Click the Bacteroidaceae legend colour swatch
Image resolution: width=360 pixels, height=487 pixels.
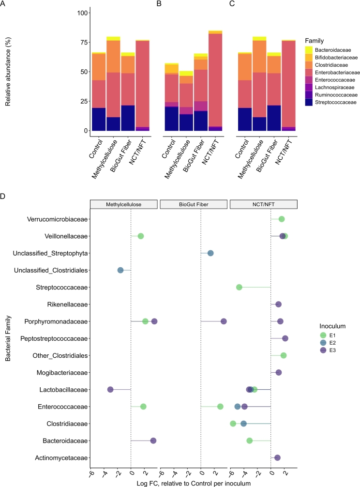click(x=309, y=50)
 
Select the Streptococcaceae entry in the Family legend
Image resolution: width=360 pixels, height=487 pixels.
click(x=335, y=103)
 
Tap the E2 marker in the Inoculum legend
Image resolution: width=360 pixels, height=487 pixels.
click(x=323, y=343)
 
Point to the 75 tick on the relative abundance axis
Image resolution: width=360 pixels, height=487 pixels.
click(x=84, y=42)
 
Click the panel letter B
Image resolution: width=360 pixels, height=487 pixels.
click(x=159, y=4)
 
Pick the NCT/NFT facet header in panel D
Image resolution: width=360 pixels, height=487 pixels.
click(x=264, y=204)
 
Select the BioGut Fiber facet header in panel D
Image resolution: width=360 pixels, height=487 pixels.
click(x=194, y=204)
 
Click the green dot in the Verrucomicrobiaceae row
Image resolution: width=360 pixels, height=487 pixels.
click(x=282, y=219)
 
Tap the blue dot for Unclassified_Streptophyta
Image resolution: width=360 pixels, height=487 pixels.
click(x=210, y=253)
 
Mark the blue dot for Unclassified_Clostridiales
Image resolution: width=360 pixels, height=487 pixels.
click(x=120, y=270)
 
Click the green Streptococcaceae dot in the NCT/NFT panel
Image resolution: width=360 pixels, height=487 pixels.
click(x=239, y=287)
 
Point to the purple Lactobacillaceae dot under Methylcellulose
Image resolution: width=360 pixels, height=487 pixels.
click(x=110, y=390)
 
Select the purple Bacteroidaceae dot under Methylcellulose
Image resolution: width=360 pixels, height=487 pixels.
click(x=153, y=441)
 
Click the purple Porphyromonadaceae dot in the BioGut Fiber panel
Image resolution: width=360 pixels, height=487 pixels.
click(x=224, y=321)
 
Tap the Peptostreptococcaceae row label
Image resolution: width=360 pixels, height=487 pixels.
click(x=54, y=338)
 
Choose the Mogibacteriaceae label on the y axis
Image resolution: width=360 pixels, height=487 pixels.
click(x=62, y=373)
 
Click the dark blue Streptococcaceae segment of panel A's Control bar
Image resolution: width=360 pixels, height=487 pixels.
click(x=99, y=119)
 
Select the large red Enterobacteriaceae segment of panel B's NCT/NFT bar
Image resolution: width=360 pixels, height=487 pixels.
click(x=215, y=80)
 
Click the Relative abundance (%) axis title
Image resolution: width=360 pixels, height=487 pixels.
click(x=8, y=72)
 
